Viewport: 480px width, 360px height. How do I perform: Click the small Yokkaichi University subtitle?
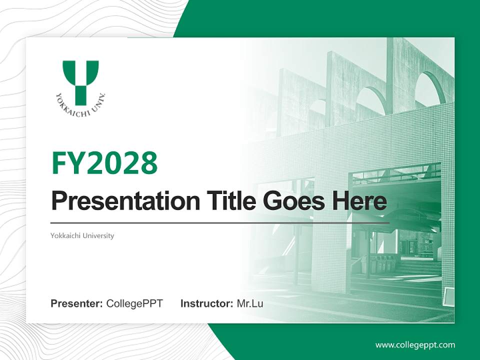(x=82, y=235)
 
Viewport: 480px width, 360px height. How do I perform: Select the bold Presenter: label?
(x=77, y=303)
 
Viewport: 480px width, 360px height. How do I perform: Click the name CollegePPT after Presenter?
(x=134, y=303)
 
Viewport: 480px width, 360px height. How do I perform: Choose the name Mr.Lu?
(x=250, y=303)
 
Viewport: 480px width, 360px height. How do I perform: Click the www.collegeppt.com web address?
(x=415, y=345)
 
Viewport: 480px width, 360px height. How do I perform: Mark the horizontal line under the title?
(x=220, y=222)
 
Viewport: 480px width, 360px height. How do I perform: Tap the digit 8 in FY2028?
(x=148, y=162)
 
